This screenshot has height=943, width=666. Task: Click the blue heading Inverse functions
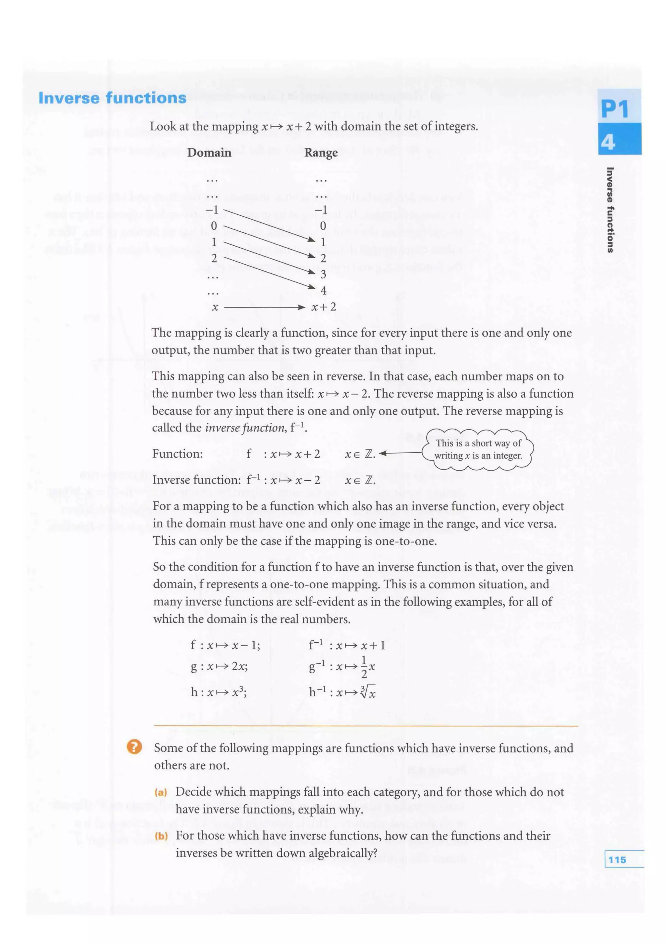click(113, 98)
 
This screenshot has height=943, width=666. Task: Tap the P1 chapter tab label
click(614, 109)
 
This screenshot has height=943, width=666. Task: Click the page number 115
click(617, 860)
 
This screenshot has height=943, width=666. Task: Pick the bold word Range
click(321, 153)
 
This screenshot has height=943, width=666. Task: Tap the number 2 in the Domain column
click(214, 258)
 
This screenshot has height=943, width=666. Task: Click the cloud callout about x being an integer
click(478, 449)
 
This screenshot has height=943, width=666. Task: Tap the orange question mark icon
click(134, 746)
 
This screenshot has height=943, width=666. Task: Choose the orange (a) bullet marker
click(160, 792)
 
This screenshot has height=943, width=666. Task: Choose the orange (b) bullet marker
click(161, 836)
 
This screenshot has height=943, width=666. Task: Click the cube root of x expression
click(367, 693)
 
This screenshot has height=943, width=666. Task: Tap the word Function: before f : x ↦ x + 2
click(177, 454)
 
